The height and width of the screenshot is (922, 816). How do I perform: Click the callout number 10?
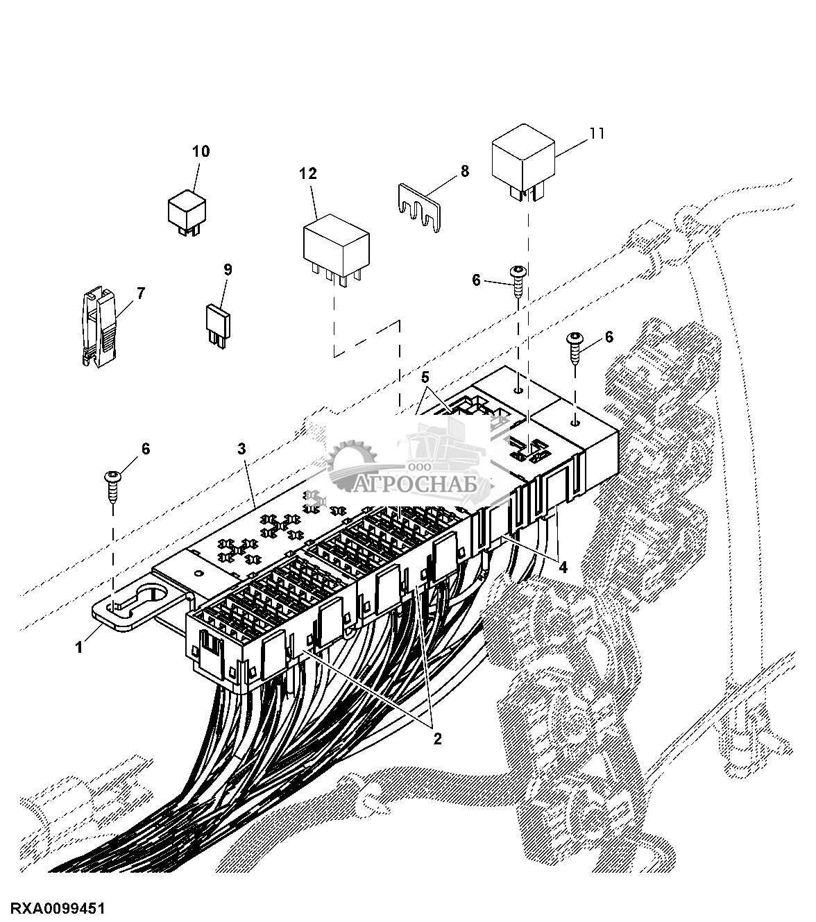pyautogui.click(x=201, y=151)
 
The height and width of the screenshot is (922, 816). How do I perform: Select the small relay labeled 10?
pyautogui.click(x=187, y=214)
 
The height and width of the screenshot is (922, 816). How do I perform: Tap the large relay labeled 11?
pyautogui.click(x=523, y=162)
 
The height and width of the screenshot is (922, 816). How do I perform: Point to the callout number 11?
pyautogui.click(x=597, y=134)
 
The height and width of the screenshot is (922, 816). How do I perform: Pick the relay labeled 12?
pyautogui.click(x=337, y=252)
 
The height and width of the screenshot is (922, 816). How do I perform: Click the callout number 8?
pyautogui.click(x=464, y=171)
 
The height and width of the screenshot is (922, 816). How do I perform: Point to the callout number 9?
pyautogui.click(x=228, y=270)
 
